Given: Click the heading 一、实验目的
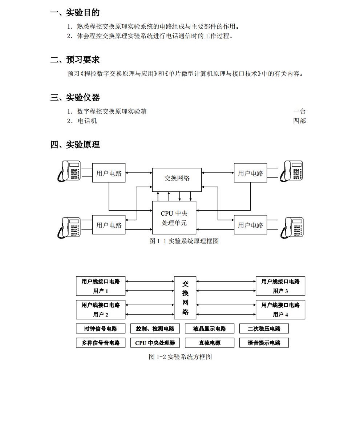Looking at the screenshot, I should click(75, 13).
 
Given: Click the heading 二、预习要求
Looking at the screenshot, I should click(75, 60).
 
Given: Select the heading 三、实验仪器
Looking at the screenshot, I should click(75, 98).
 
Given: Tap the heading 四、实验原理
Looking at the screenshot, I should click(75, 144).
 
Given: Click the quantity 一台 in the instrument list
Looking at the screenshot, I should click(299, 111).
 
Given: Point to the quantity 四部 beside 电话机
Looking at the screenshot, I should click(299, 121).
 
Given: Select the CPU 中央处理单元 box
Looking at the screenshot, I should click(174, 218).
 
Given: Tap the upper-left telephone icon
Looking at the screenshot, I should click(69, 171).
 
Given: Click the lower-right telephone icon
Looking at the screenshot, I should click(292, 228).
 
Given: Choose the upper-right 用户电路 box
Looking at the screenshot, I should click(250, 173).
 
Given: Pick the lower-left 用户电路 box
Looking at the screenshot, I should click(109, 225).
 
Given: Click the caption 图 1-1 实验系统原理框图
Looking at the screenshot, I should click(184, 241).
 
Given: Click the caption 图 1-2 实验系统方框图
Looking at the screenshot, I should click(180, 357).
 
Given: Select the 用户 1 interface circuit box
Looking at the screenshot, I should click(101, 286).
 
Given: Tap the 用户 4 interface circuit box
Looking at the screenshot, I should click(280, 310).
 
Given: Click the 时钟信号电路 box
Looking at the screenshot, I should click(101, 329).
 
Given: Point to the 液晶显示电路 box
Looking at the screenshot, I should click(210, 329).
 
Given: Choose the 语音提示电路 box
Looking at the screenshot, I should click(264, 343).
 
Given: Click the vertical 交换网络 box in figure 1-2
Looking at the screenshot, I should click(185, 298).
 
